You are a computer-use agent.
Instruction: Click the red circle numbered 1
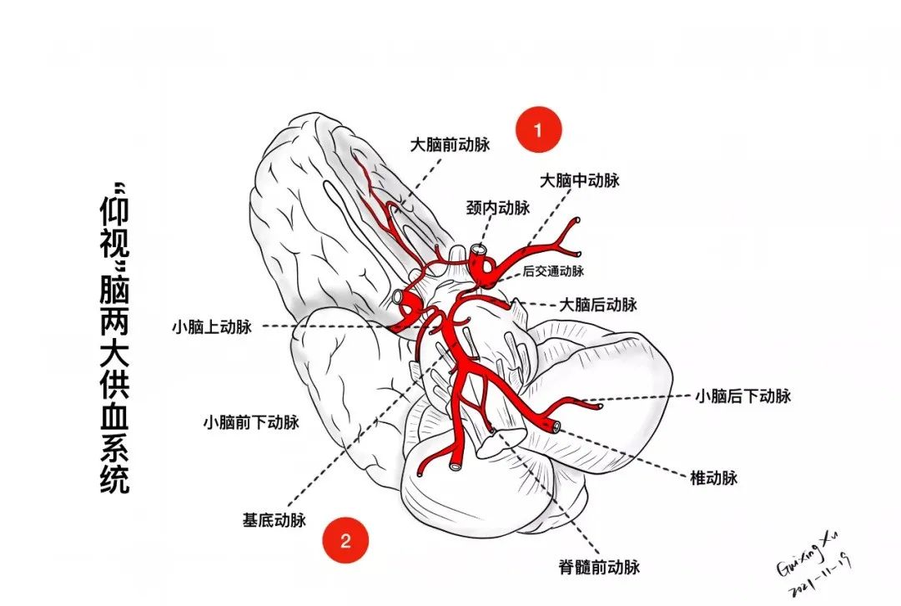tap(538, 129)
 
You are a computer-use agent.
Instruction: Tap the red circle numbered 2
tap(346, 540)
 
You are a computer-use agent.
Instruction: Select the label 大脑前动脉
tap(450, 144)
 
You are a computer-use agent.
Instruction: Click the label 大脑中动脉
tap(580, 180)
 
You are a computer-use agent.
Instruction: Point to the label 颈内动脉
tap(498, 208)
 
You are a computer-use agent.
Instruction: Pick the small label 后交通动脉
tap(554, 270)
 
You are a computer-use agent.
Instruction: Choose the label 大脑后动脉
tap(597, 305)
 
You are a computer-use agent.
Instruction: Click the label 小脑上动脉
tap(211, 326)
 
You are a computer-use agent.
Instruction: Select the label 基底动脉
tap(274, 520)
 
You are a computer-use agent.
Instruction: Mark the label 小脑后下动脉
tap(742, 396)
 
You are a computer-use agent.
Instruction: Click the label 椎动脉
tap(714, 478)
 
